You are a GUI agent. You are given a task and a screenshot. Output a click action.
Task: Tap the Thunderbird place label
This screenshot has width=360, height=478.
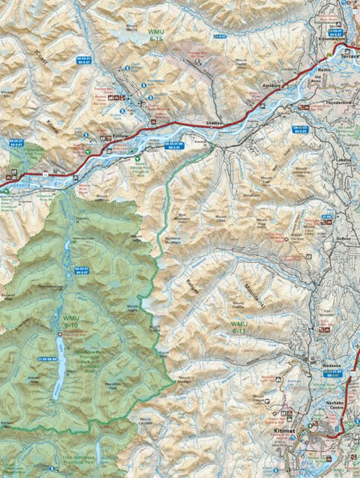coord(340,103)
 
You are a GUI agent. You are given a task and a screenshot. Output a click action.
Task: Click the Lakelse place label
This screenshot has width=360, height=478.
coord(343,160)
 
